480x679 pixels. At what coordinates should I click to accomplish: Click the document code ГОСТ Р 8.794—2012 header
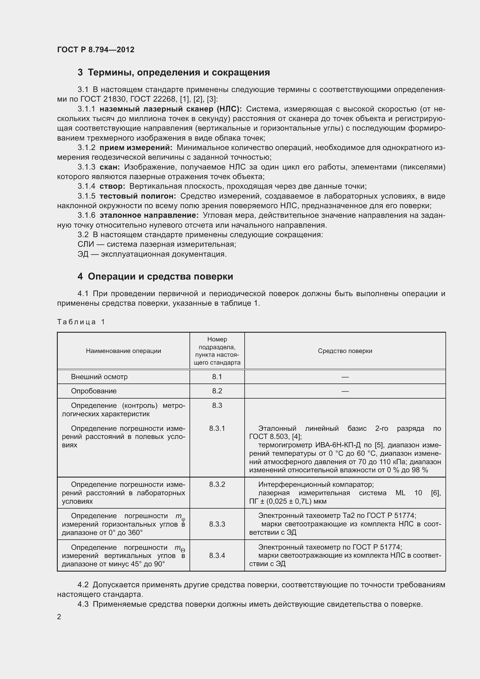point(95,50)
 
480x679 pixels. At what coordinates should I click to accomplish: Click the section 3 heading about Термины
point(174,73)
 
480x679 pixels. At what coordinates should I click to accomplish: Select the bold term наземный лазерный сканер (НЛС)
point(171,109)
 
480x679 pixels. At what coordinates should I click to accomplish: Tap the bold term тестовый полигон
point(138,196)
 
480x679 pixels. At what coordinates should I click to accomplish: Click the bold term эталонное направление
point(149,215)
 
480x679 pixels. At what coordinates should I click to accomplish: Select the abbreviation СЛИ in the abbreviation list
point(86,244)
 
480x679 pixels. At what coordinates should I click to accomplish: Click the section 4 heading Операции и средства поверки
point(155,277)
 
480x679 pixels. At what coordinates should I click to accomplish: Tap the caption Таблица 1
point(81,322)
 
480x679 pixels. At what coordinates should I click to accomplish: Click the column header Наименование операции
point(123,351)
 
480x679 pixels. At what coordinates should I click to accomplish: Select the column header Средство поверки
point(345,351)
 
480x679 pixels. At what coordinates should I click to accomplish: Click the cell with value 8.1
point(217,377)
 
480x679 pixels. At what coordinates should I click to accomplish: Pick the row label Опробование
point(94,391)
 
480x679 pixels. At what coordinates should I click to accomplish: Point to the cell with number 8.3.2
point(217,485)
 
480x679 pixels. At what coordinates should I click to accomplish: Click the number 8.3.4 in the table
point(217,555)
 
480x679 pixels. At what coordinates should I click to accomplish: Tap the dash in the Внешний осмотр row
point(345,377)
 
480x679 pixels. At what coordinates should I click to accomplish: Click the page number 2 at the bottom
point(59,617)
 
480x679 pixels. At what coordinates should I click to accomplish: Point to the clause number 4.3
point(83,604)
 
